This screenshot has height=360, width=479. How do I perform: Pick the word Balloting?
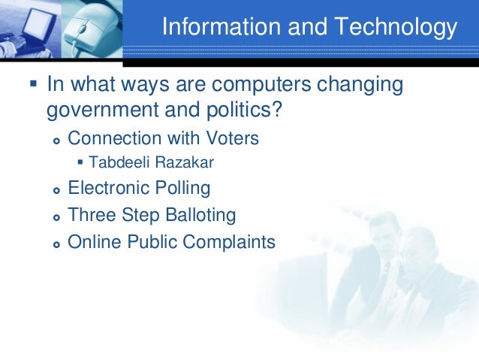197,215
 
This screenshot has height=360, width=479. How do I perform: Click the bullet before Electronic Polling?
56,189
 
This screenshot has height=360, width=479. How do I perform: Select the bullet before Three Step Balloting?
56,217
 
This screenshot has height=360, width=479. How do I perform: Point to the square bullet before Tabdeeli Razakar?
80,162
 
